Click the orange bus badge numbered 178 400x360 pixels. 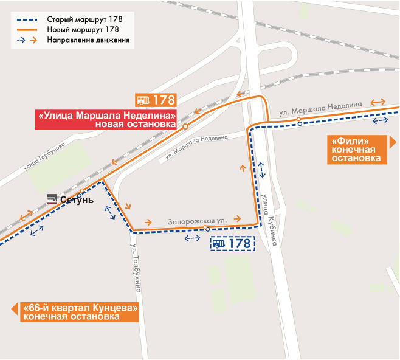156,100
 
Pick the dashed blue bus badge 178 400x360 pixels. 232,244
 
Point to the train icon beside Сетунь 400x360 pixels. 52,199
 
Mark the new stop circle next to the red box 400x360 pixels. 185,126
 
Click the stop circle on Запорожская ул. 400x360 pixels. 207,229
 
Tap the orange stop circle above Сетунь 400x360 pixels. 82,191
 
